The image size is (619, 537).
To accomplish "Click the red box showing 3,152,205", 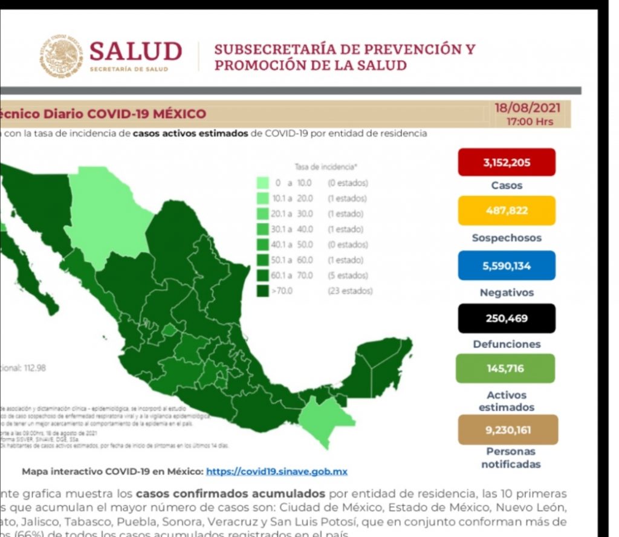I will pos(506,162).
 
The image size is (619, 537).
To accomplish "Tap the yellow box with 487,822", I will pos(506,210).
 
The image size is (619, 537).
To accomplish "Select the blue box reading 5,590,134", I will pos(506,265).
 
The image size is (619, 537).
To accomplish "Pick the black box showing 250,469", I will pos(506,318).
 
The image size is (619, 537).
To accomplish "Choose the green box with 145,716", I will pos(505,368).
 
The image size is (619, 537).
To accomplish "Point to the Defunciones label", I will pos(507,344).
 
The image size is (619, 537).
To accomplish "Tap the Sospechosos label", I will pos(507,238).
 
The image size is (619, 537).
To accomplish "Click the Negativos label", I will pos(507,292).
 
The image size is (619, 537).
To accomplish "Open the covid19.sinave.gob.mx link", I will pos(277,471).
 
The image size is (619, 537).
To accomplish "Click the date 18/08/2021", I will pos(527,109).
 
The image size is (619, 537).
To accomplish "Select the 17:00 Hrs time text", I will pos(530,121).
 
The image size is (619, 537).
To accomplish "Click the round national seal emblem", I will pos(62,56).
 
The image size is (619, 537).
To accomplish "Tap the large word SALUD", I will pos(135,51).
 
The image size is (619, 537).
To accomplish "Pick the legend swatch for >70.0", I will pos(262,291).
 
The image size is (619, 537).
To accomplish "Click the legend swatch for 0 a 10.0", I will pos(262,183).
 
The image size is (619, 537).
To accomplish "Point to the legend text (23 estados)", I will pos(350,291).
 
